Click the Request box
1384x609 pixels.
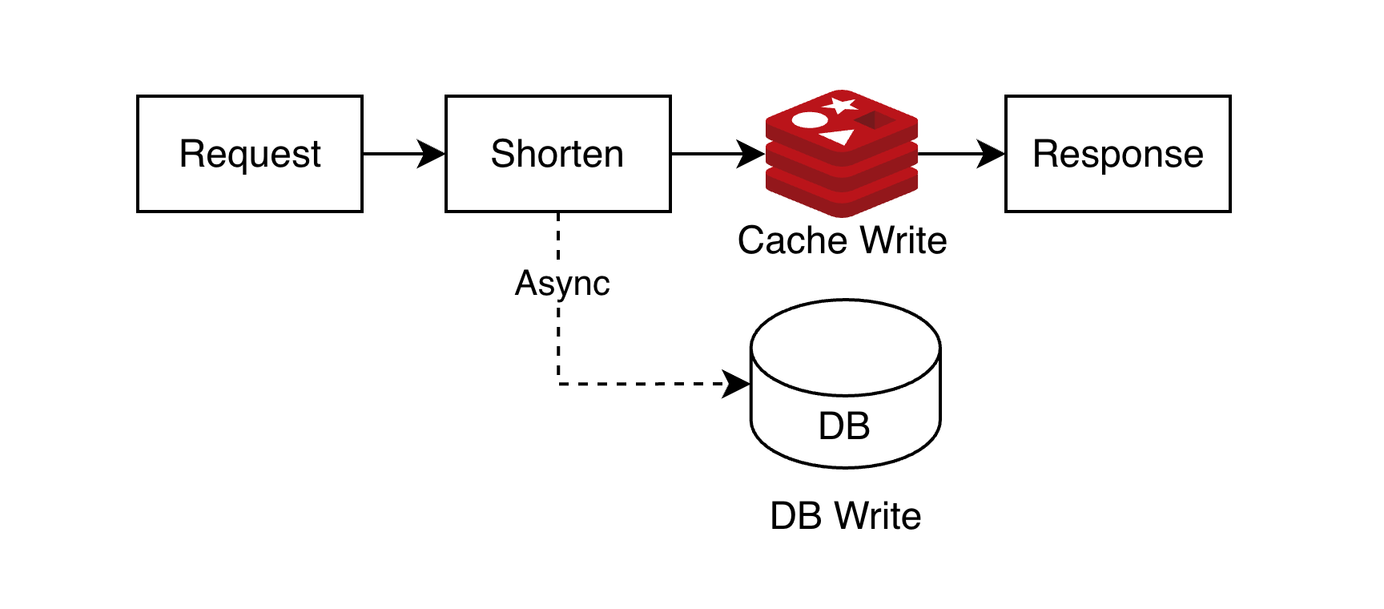(x=250, y=154)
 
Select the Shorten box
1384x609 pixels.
(x=557, y=154)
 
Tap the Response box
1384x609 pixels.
(x=1117, y=154)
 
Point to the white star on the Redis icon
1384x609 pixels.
(x=841, y=104)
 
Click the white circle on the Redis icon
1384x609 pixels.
(x=809, y=120)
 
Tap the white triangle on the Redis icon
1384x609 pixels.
(x=839, y=136)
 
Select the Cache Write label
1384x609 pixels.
(x=842, y=240)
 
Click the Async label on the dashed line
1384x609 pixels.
(x=562, y=283)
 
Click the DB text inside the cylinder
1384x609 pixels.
(x=844, y=425)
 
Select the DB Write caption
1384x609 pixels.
(x=845, y=516)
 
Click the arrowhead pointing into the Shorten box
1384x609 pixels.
(x=432, y=154)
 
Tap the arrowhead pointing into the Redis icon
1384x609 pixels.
(x=752, y=154)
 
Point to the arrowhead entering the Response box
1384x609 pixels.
(x=992, y=154)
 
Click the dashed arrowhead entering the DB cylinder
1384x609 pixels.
(x=737, y=384)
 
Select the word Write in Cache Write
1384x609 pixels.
(x=904, y=240)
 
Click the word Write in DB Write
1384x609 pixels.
(x=879, y=516)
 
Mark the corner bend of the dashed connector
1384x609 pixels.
(x=558, y=384)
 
